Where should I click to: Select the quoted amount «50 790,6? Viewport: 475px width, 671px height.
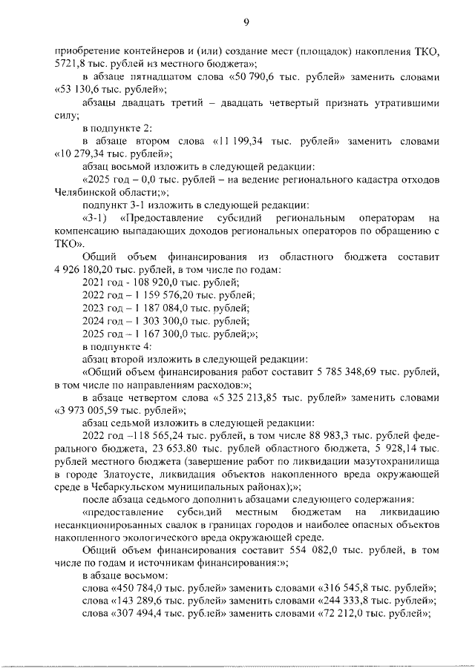pos(256,77)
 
